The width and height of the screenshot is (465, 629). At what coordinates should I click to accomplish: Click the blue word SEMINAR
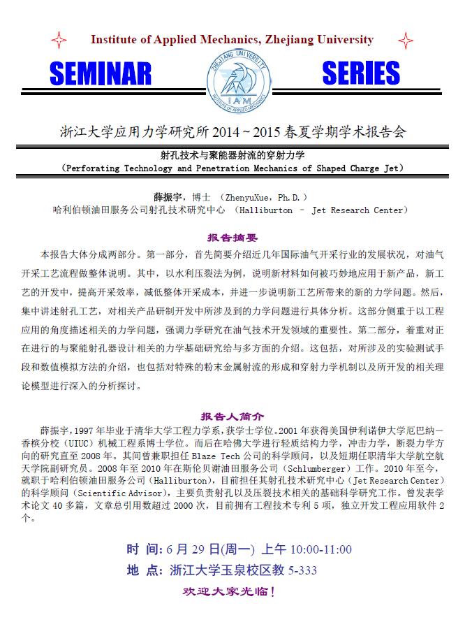click(101, 73)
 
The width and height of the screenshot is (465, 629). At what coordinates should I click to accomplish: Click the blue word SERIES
click(361, 73)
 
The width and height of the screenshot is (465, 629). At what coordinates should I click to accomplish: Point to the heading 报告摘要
click(232, 238)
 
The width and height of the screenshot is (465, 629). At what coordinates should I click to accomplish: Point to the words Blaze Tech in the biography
click(165, 455)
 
